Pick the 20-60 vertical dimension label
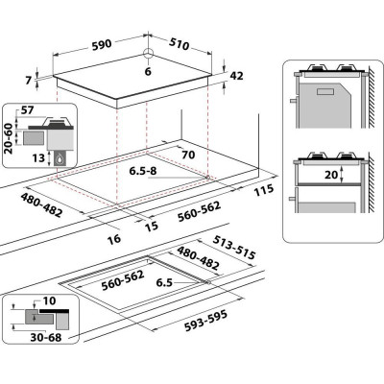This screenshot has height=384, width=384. pyautogui.click(x=8, y=138)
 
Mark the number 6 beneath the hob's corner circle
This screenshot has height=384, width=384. pyautogui.click(x=148, y=72)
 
